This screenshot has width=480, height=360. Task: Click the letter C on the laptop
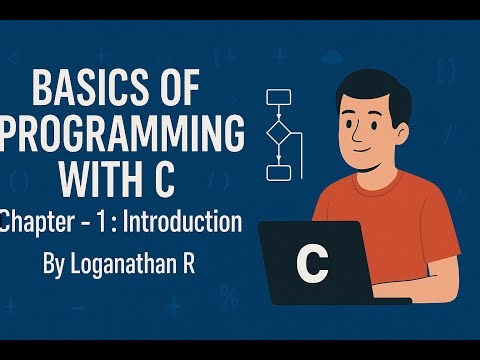click(x=312, y=265)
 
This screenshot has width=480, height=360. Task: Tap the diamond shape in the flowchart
click(x=278, y=133)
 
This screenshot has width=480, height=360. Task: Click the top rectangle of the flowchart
click(x=278, y=97)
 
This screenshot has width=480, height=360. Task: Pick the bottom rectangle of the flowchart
click(x=278, y=172)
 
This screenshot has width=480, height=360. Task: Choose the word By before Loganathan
click(x=57, y=268)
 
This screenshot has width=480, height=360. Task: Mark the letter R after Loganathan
click(x=198, y=267)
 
